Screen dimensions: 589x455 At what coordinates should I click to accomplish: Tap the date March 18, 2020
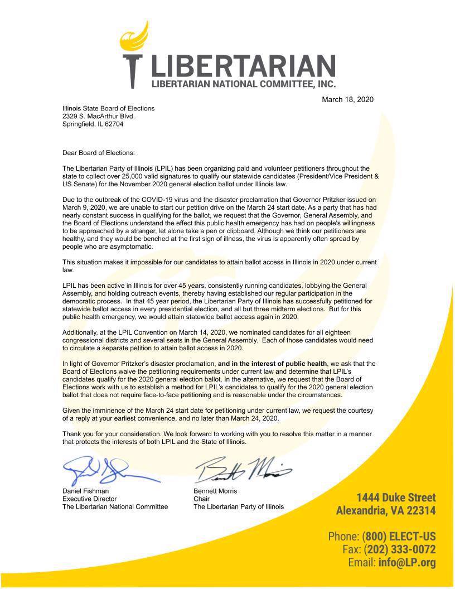pos(347,99)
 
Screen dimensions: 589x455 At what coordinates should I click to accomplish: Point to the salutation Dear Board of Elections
pos(99,152)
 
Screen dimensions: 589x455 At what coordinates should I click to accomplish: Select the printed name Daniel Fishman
pos(85,491)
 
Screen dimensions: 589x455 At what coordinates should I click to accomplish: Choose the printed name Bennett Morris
pos(215,491)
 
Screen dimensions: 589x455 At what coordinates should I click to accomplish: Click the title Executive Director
pos(89,499)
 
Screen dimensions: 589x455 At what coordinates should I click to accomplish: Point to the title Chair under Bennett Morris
pos(201,499)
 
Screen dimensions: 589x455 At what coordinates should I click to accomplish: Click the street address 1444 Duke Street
pos(396,498)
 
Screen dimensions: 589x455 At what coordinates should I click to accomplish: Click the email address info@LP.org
pos(406,562)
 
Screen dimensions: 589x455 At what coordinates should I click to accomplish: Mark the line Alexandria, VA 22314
pos(386,511)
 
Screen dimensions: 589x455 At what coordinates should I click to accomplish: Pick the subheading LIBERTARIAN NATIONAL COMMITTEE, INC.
pos(244,84)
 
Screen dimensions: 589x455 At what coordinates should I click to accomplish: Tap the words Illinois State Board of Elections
pos(108,108)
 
